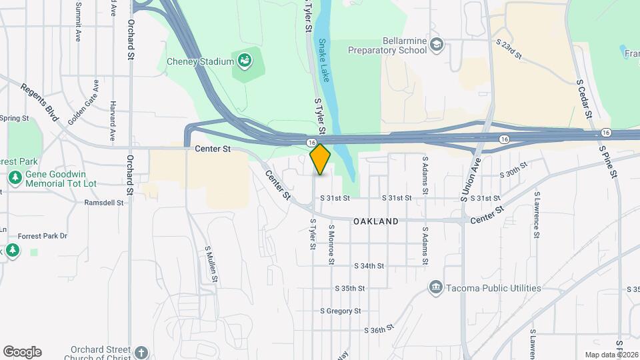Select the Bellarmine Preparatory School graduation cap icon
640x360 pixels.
pyautogui.click(x=437, y=45)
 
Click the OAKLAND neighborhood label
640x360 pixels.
pyautogui.click(x=376, y=221)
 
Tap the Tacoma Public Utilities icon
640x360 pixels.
pyautogui.click(x=436, y=287)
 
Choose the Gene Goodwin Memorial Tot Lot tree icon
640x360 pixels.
pyautogui.click(x=15, y=178)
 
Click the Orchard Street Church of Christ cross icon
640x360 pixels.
pyautogui.click(x=141, y=352)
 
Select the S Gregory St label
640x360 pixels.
pyautogui.click(x=340, y=311)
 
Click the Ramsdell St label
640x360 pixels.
pyautogui.click(x=105, y=202)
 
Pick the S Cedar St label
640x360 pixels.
pyautogui.click(x=584, y=99)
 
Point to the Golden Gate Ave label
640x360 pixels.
pyautogui.click(x=83, y=101)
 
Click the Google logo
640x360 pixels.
pyautogui.click(x=22, y=352)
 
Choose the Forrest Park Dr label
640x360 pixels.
pyautogui.click(x=46, y=235)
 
